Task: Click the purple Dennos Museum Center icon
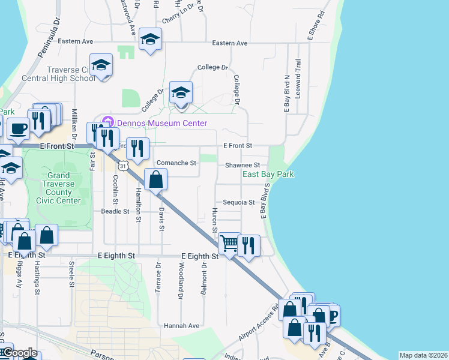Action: coord(107,122)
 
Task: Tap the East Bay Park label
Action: coord(268,175)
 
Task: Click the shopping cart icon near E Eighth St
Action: coord(229,244)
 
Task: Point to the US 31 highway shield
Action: coord(123,164)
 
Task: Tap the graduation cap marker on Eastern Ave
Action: coord(150,40)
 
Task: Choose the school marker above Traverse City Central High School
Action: coord(101,65)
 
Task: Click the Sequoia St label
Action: coord(239,203)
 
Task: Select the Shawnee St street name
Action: coord(242,165)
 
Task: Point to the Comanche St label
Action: coord(176,163)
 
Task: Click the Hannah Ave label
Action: coord(181,325)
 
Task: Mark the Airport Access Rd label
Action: coord(258,324)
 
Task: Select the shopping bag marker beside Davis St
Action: coord(155,179)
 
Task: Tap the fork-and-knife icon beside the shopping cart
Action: coord(249,245)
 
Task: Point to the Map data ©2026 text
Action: coord(423,355)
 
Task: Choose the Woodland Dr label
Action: coord(180,280)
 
